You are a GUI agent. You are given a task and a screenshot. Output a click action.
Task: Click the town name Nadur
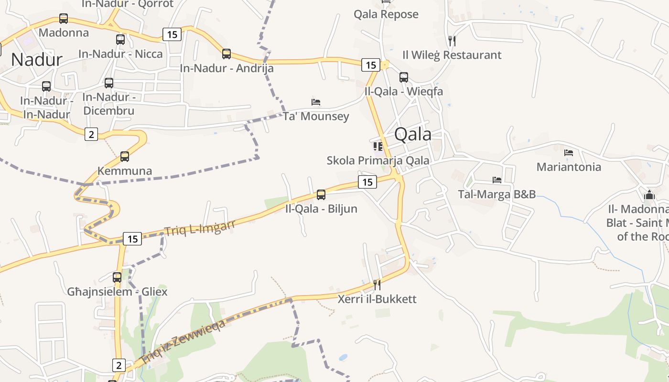[37, 59]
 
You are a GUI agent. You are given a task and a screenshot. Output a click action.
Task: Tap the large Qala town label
[413, 134]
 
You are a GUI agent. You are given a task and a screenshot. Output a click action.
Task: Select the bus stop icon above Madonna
[64, 19]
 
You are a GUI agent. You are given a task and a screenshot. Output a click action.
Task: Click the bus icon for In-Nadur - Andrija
[227, 54]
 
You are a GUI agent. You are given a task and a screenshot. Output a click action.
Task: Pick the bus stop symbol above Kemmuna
[125, 156]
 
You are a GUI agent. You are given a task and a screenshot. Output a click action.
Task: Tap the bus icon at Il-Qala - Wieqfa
[404, 77]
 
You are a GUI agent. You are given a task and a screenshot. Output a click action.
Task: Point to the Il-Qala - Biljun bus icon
[321, 194]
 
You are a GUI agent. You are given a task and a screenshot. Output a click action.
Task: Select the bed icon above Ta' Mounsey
[316, 102]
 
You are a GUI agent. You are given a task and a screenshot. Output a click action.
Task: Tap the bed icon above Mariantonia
[569, 153]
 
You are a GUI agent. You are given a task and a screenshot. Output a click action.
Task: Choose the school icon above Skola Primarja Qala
[378, 146]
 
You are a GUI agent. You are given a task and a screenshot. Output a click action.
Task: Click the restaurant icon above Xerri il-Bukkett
[377, 285]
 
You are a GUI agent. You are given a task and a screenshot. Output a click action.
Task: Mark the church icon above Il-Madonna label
[649, 195]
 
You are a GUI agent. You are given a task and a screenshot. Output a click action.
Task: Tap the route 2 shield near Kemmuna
[91, 134]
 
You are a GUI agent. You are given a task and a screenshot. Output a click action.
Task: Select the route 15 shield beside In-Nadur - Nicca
[172, 34]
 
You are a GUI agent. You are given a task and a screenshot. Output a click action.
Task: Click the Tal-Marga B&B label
[496, 194]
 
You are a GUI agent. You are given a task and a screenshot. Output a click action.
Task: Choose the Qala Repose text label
[386, 14]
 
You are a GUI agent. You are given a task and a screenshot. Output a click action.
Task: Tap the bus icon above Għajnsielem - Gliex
[117, 277]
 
